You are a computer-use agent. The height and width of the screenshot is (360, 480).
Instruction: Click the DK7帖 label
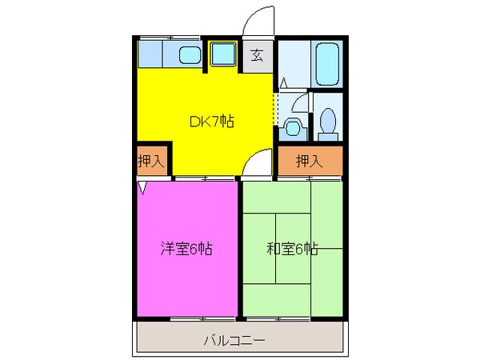(x=211, y=122)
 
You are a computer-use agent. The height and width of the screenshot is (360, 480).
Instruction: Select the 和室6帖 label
(x=292, y=248)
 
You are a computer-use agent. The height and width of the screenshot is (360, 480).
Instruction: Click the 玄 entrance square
(x=257, y=55)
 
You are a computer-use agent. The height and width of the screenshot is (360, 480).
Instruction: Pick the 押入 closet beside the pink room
(x=150, y=160)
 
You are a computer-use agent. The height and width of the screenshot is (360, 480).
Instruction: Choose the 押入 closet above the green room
(x=310, y=161)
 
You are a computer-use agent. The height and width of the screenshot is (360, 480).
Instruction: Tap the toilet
(x=326, y=122)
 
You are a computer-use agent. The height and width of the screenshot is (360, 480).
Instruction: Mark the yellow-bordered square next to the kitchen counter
(x=222, y=54)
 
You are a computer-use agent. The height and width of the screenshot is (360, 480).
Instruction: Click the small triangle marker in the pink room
(x=142, y=188)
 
